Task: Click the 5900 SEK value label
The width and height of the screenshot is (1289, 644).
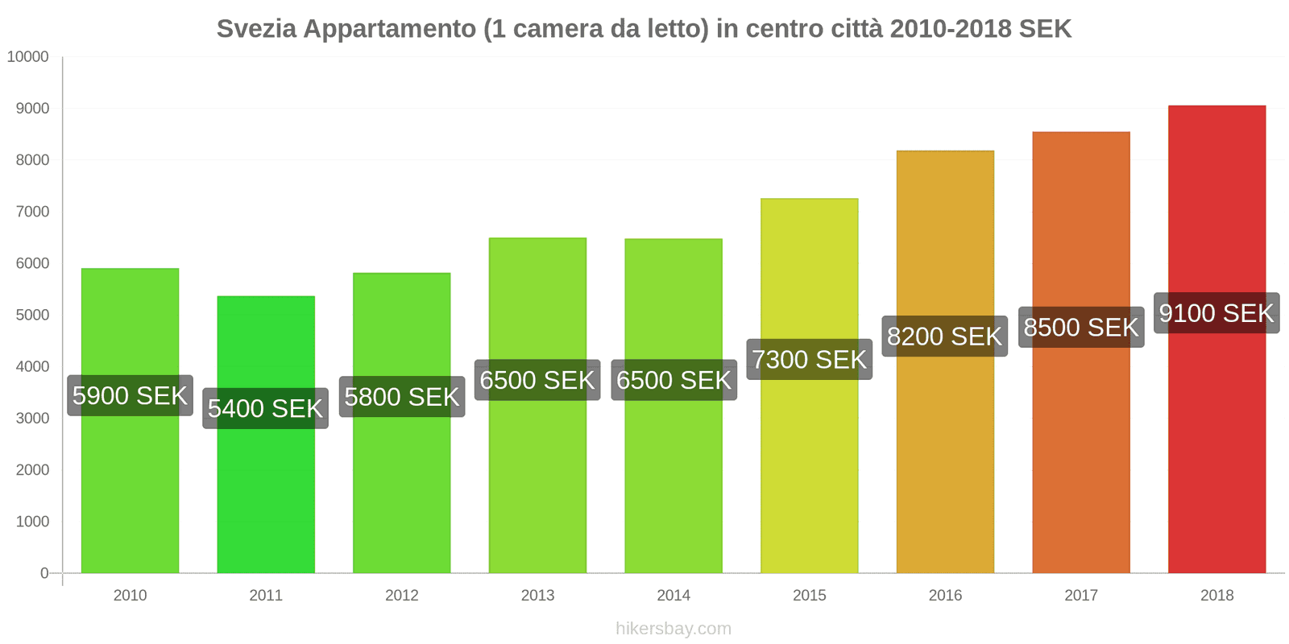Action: pyautogui.click(x=130, y=395)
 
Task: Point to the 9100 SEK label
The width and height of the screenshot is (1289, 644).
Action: pyautogui.click(x=1216, y=312)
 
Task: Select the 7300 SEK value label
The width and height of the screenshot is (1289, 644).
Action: pyautogui.click(x=809, y=359)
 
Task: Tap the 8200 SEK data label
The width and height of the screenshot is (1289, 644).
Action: pyautogui.click(x=944, y=336)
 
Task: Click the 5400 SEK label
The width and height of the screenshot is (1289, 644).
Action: pyautogui.click(x=265, y=408)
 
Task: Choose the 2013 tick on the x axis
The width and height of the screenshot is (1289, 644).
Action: pyautogui.click(x=537, y=596)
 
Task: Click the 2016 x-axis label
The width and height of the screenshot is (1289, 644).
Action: pyautogui.click(x=945, y=596)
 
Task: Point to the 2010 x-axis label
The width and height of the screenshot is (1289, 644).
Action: pyautogui.click(x=130, y=596)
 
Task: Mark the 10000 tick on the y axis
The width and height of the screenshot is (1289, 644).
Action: pyautogui.click(x=28, y=57)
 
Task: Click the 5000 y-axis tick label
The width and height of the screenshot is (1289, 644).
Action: pyautogui.click(x=32, y=315)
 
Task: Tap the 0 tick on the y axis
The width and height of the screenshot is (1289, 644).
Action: pyautogui.click(x=44, y=573)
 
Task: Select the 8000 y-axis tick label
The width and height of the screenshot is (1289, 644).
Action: pyautogui.click(x=32, y=160)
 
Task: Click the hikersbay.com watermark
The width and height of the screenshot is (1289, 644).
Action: pyautogui.click(x=674, y=629)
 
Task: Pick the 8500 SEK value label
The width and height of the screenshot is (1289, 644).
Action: pyautogui.click(x=1080, y=327)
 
